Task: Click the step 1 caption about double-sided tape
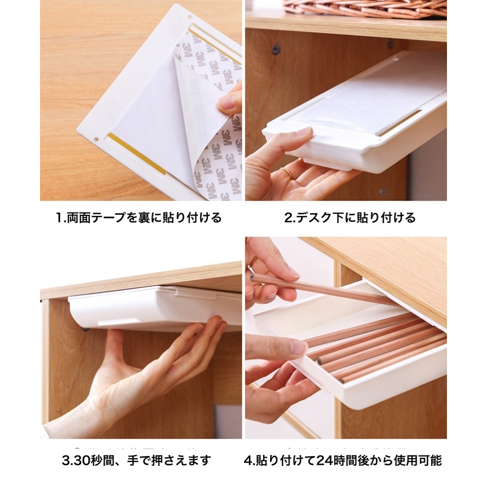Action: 139,218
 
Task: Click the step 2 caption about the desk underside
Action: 350,218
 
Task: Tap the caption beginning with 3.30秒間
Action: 136,460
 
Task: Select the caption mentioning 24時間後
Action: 343,460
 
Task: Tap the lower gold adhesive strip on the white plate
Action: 136,154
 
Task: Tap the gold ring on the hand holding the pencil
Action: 253,261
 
